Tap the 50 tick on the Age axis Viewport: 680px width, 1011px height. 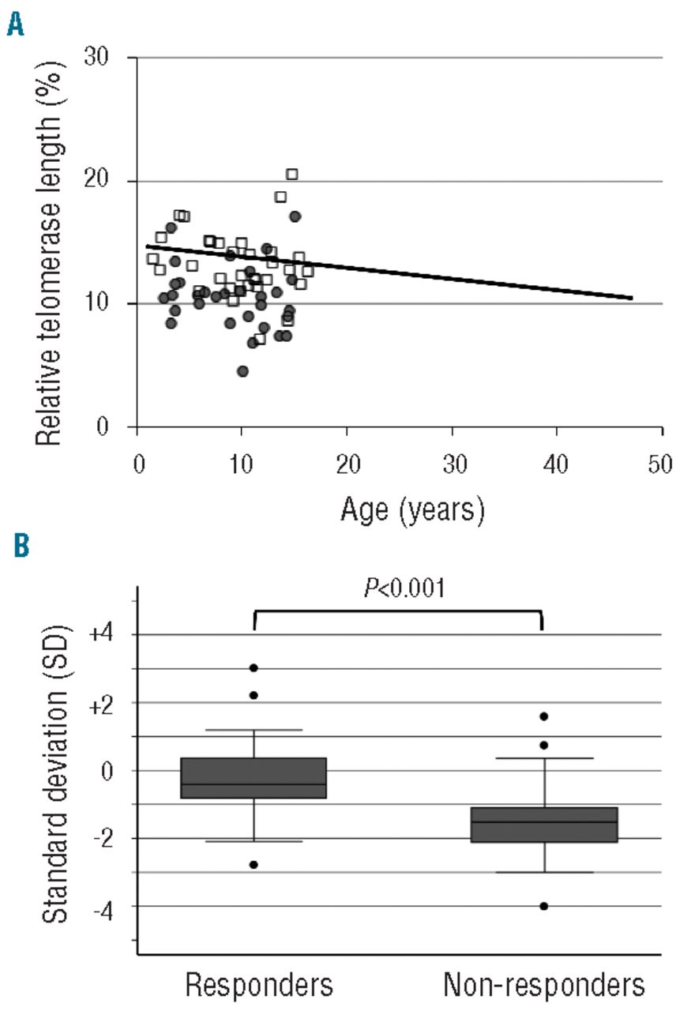point(661,463)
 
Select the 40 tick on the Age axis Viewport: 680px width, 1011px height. point(557,463)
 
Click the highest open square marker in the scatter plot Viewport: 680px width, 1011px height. point(291,174)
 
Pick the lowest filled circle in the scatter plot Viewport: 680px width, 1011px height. point(242,371)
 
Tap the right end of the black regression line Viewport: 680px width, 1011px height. point(632,298)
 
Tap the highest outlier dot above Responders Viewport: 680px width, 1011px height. point(254,667)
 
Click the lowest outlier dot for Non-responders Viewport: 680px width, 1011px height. point(544,906)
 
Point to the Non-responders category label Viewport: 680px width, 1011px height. point(544,985)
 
